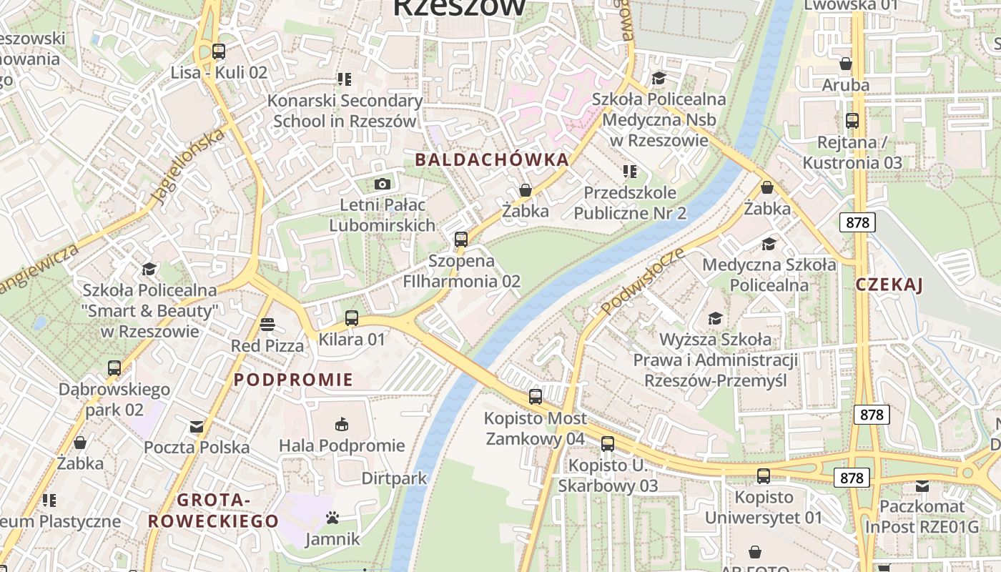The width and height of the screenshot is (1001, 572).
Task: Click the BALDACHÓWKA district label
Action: [x=492, y=159]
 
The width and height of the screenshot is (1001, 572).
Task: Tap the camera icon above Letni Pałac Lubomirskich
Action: [x=382, y=184]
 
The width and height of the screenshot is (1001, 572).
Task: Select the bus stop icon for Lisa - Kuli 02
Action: [x=219, y=51]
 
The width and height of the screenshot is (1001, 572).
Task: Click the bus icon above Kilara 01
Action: [x=351, y=318]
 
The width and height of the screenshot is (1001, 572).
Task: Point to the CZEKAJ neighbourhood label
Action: [x=889, y=285]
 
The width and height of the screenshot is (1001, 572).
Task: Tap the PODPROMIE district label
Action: [x=294, y=380]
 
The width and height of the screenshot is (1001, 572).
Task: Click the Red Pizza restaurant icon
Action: [x=267, y=325]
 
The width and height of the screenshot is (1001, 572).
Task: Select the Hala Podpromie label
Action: [x=342, y=446]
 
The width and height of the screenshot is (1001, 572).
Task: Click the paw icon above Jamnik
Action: [x=332, y=517]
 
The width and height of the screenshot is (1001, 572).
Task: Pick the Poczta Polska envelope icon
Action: [x=197, y=427]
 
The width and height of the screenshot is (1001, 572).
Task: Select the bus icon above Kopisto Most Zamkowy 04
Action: [x=536, y=396]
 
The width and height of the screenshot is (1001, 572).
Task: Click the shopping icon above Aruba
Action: [x=846, y=64]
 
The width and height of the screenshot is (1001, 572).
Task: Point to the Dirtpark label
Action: [x=394, y=478]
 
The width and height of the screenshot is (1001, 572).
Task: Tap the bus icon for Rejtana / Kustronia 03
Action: [x=852, y=120]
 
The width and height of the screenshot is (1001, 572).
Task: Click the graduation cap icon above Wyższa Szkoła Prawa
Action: [x=715, y=318]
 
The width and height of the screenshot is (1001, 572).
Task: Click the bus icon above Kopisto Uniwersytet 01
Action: [x=764, y=475]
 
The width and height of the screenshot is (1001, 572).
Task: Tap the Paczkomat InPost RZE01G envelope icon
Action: [x=922, y=486]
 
